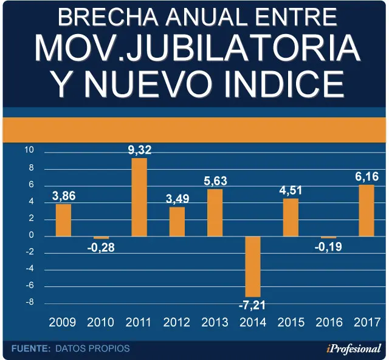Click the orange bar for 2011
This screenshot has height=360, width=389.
(x=139, y=197)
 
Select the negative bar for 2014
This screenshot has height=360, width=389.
(x=253, y=266)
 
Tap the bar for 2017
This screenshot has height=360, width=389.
(x=367, y=210)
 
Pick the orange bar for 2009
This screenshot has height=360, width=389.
(x=63, y=220)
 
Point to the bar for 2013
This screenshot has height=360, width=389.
(x=215, y=213)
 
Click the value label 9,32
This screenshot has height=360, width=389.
(x=140, y=150)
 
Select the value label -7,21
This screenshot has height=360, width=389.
(x=252, y=305)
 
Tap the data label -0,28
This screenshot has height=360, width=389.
(x=101, y=247)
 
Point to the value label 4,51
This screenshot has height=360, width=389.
(x=291, y=190)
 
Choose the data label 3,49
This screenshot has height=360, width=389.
(x=177, y=199)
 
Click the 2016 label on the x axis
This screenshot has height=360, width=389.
(x=329, y=322)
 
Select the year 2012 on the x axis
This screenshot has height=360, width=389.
(x=177, y=322)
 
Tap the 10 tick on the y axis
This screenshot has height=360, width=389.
(x=29, y=150)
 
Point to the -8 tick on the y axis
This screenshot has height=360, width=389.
(x=30, y=302)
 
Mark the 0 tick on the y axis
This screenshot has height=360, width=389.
(x=31, y=235)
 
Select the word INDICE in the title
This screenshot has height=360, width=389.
(x=284, y=84)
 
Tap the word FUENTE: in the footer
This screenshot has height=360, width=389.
(x=31, y=348)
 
